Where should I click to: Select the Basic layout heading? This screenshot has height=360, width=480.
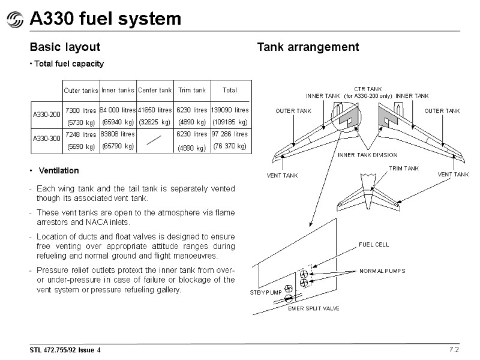(x=65, y=47)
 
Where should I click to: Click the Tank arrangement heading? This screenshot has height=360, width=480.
(x=308, y=47)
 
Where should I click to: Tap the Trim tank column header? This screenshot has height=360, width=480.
(x=191, y=91)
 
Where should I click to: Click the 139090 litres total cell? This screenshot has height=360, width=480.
(x=229, y=110)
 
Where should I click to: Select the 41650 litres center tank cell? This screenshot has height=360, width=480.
(x=155, y=110)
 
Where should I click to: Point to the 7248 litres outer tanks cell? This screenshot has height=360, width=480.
(x=80, y=134)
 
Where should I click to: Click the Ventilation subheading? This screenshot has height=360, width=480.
(x=58, y=171)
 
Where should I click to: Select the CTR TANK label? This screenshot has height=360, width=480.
(x=368, y=89)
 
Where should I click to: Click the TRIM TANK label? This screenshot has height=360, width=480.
(x=404, y=169)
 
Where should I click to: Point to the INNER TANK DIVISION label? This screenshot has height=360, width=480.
(x=367, y=155)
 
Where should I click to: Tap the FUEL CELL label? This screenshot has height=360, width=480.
(x=374, y=245)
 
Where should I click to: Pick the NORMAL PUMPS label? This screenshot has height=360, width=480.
(x=382, y=271)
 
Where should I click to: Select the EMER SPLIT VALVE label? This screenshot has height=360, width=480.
(x=314, y=308)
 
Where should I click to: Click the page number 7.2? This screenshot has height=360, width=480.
(x=454, y=349)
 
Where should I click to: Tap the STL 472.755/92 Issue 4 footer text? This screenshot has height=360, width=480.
(x=65, y=349)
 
